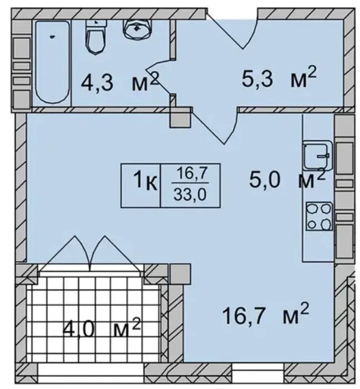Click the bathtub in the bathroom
tap(52, 62)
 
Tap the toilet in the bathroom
tap(96, 37)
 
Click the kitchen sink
tap(318, 156)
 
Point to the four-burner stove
tap(319, 216)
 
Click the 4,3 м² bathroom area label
tap(119, 81)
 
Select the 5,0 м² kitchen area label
tap(287, 178)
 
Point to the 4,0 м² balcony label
tap(102, 328)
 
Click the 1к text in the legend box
tap(145, 181)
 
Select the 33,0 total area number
tap(190, 194)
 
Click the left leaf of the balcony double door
tap(67, 251)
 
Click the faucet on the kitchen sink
tap(323, 156)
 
